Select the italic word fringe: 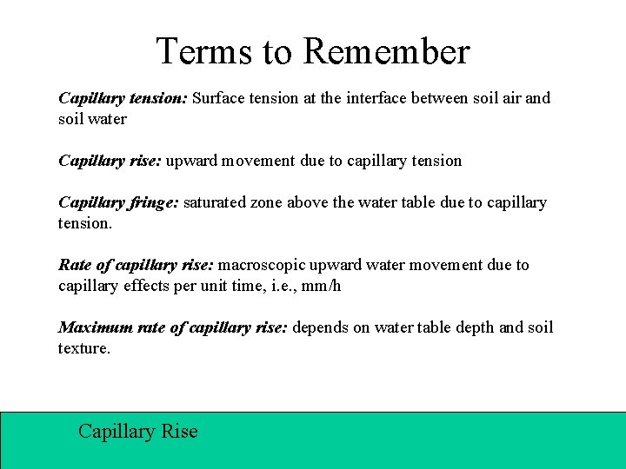point(151,203)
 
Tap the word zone point(267,203)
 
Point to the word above point(308,203)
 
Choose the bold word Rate point(76,265)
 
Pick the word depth point(474,327)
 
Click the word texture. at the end point(84,348)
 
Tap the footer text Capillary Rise point(138,431)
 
